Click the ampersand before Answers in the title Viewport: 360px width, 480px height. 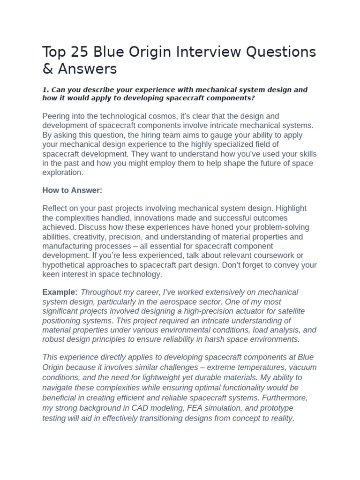pyautogui.click(x=48, y=69)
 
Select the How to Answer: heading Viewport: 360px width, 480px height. pyautogui.click(x=72, y=190)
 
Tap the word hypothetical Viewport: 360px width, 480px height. pyautogui.click(x=65, y=265)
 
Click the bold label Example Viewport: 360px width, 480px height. pyautogui.click(x=59, y=292)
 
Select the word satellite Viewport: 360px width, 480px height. pyautogui.click(x=281, y=311)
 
